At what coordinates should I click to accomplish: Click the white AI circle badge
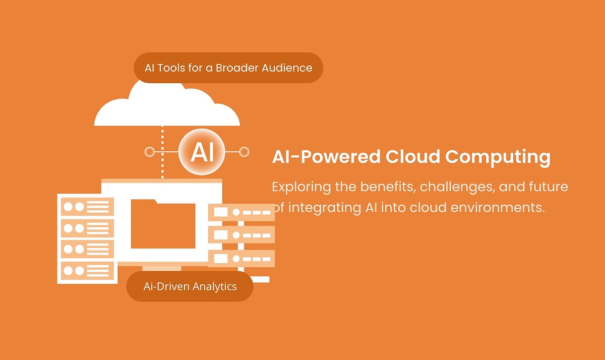[x=202, y=152]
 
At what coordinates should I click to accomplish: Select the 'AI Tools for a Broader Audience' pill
[x=228, y=68]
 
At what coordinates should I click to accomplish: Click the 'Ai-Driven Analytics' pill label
[x=190, y=286]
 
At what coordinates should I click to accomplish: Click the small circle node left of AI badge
[x=149, y=152]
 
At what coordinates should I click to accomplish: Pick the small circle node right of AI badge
[x=244, y=152]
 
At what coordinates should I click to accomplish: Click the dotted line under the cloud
[x=162, y=151]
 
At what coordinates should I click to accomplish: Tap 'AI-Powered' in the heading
[x=326, y=157]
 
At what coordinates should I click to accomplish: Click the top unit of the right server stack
[x=241, y=212]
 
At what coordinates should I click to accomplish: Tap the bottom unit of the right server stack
[x=241, y=258]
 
